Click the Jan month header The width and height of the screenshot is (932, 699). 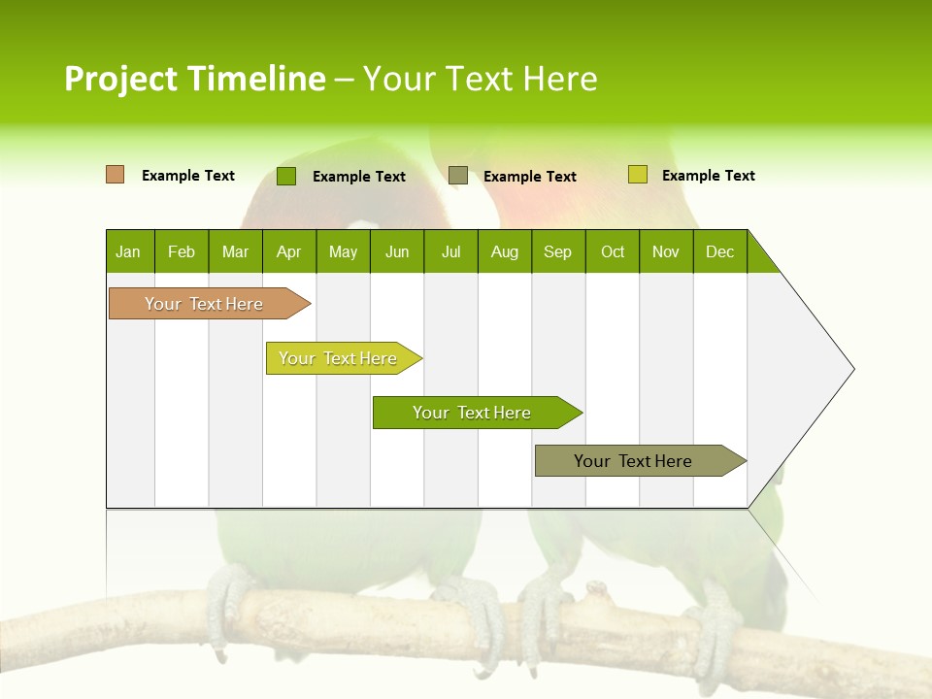(x=128, y=251)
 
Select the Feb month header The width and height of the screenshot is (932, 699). (x=182, y=251)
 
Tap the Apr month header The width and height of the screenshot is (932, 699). (x=288, y=251)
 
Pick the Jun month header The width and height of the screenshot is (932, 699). (x=397, y=251)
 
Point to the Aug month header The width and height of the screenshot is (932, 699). (x=504, y=251)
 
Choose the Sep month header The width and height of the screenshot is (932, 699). (x=557, y=251)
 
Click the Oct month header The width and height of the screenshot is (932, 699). (x=613, y=251)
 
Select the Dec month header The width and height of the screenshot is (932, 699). (x=719, y=251)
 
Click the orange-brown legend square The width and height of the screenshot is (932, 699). (x=115, y=175)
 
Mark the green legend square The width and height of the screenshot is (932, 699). (x=285, y=176)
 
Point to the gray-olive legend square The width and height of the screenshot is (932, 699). (x=457, y=176)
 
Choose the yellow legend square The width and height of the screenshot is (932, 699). (x=637, y=175)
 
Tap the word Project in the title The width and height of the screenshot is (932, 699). (x=121, y=79)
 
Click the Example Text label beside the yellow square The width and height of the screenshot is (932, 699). (x=708, y=176)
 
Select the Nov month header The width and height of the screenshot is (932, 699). (x=665, y=251)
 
